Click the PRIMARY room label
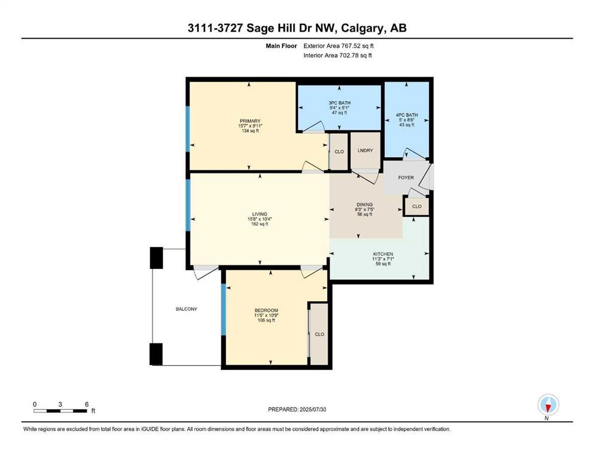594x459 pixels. coord(250,121)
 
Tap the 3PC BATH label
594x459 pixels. coord(339,103)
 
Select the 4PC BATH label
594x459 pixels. coord(407,115)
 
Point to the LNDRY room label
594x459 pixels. coord(365,151)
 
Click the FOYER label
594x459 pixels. coord(406,178)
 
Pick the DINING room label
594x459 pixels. coord(364,205)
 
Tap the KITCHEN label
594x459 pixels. coord(383,254)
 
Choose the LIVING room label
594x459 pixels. coord(260,214)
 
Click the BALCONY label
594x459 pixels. coord(187,309)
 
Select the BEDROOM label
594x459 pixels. coord(266,311)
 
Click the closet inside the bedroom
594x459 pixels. coord(319,335)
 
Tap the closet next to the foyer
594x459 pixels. coord(417,207)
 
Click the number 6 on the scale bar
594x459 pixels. coord(87,405)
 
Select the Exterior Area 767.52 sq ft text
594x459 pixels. coord(339,46)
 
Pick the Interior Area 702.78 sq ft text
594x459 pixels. coord(337,55)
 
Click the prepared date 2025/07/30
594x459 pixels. coord(313,409)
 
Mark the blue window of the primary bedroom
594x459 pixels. coord(187,129)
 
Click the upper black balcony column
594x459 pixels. coord(157,258)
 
